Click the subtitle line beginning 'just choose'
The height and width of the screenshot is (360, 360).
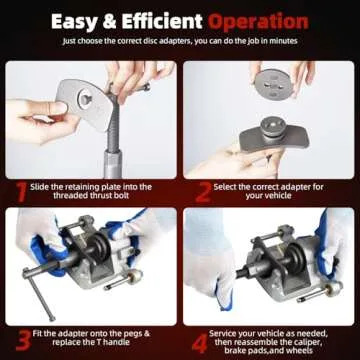pos(180,43)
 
